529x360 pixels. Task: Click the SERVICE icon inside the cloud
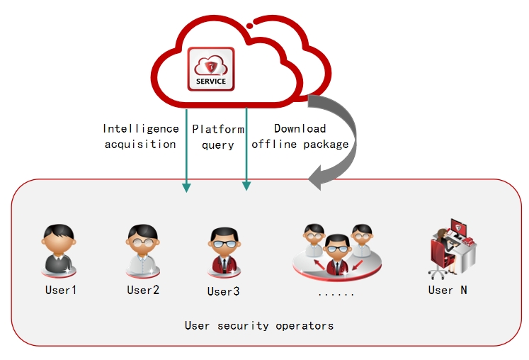pos(211,69)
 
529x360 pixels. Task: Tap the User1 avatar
pos(59,251)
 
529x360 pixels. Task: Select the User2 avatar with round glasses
pos(143,251)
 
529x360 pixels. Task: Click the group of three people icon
pos(337,252)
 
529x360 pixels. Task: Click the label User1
pos(61,290)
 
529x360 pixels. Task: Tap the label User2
pos(143,290)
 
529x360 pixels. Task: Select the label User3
pos(223,291)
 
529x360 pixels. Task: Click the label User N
pos(448,290)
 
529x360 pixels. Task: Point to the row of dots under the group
pos(336,295)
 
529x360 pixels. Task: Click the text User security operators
pos(259,325)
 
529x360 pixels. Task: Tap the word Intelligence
pos(141,129)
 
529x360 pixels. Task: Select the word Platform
pos(218,129)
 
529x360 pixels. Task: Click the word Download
pos(300,128)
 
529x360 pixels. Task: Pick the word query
pos(218,145)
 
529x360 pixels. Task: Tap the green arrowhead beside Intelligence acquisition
pos(186,187)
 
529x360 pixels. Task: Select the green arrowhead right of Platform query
pos(246,186)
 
